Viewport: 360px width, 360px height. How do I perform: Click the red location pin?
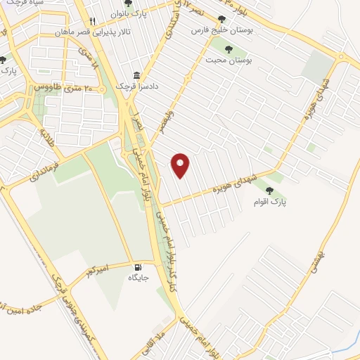click(181, 165)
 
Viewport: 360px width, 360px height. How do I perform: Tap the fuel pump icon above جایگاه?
click(137, 266)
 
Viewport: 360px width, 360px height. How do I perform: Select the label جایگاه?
click(137, 277)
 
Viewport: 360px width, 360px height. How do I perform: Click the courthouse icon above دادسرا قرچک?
click(137, 75)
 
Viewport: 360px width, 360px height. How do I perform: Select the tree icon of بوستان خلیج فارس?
click(222, 20)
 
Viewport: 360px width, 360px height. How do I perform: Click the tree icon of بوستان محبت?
click(228, 49)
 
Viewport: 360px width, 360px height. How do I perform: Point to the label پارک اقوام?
click(270, 202)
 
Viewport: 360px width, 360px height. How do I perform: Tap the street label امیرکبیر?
click(93, 269)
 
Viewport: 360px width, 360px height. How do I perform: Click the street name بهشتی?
click(315, 254)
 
